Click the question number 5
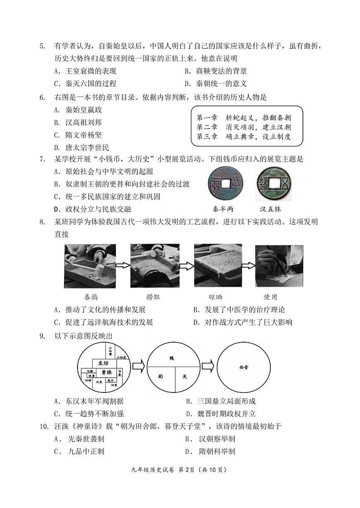[42, 46]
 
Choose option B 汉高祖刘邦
[78, 122]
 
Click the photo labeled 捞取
[153, 265]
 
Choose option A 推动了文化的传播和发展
[99, 310]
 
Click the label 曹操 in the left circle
[107, 372]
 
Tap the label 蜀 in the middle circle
[161, 376]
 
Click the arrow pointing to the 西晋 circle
[207, 365]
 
